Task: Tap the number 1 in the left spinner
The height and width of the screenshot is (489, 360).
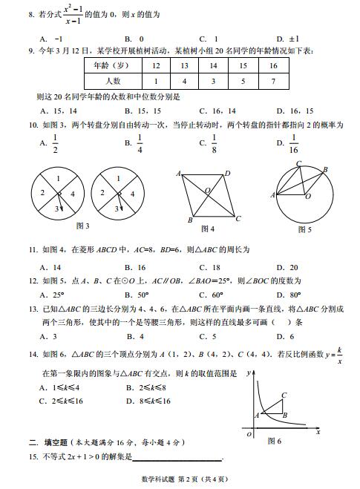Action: [x=58, y=179]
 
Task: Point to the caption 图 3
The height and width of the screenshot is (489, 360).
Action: [x=83, y=226]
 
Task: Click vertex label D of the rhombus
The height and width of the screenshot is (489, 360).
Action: [x=227, y=173]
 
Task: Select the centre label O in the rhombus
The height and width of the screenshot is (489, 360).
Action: [x=208, y=191]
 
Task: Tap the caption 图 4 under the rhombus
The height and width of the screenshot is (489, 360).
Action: [x=208, y=229]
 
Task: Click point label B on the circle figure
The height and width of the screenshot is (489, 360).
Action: [x=324, y=170]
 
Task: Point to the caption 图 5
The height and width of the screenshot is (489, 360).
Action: [x=304, y=230]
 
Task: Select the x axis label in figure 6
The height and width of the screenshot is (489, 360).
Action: [x=318, y=430]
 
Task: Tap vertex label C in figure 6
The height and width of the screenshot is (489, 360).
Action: [x=284, y=396]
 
